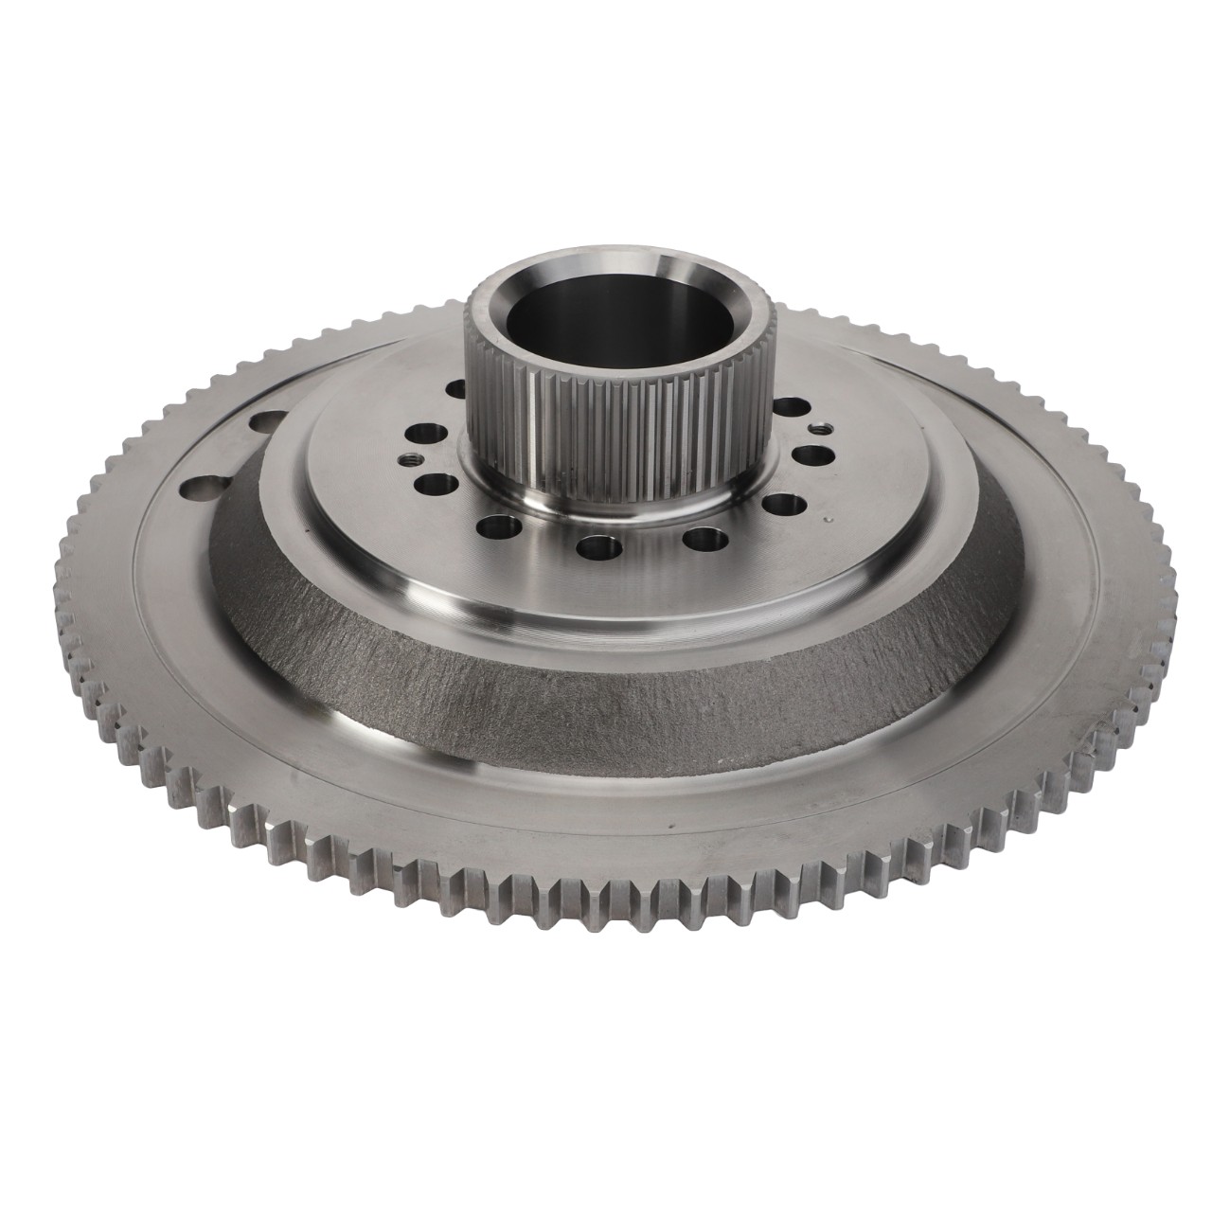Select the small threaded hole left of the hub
(x=409, y=457)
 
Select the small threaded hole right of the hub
(x=817, y=429)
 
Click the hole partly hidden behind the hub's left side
(x=455, y=389)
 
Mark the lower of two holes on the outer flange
(x=200, y=490)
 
